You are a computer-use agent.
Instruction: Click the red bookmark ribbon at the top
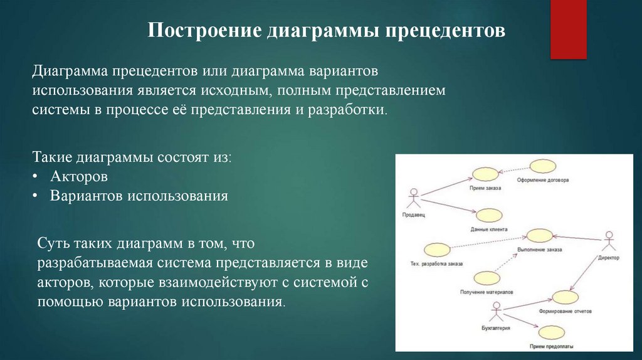(568, 28)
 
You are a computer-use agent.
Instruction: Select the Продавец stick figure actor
(413, 199)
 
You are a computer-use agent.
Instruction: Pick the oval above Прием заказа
(484, 174)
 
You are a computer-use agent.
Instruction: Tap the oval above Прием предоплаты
(551, 332)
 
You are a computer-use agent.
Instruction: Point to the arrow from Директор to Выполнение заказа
(577, 236)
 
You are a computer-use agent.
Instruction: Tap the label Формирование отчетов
(565, 311)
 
